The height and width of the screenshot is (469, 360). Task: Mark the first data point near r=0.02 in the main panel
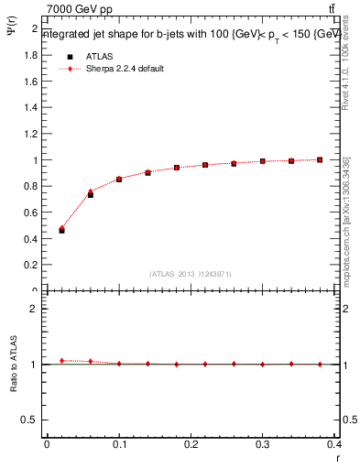tap(61, 229)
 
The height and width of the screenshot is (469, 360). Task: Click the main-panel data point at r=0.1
tap(119, 180)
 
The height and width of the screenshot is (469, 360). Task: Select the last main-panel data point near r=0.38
tap(320, 159)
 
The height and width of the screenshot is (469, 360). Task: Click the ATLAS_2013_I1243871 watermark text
tap(190, 273)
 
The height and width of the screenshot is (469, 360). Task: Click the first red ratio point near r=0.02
tap(61, 360)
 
